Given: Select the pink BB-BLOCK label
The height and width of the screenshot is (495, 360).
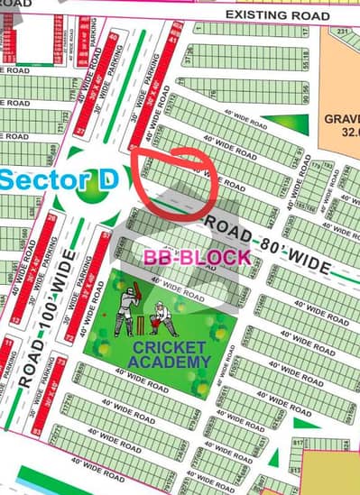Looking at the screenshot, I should tap(198, 257).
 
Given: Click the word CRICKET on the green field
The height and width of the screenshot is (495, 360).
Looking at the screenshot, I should tap(157, 347).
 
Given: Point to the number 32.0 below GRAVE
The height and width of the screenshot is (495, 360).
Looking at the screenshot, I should tap(346, 133).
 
